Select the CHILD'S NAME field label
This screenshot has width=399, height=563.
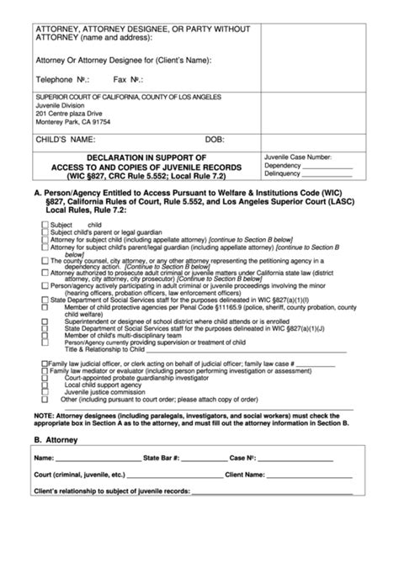click(65, 139)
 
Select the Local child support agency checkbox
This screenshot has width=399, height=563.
click(44, 384)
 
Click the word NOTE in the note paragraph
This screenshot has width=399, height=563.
click(44, 416)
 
